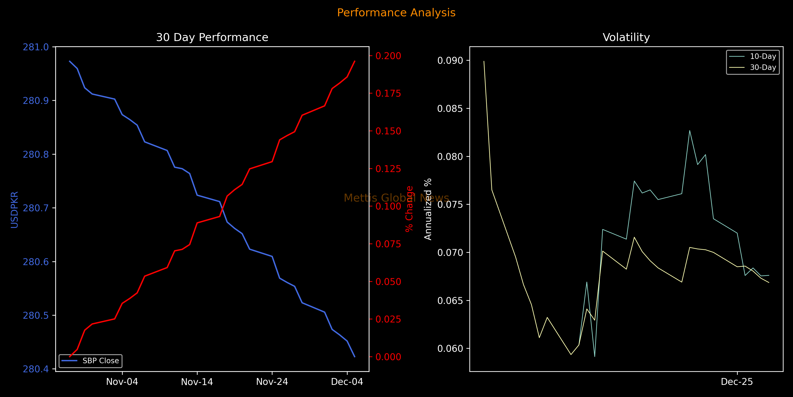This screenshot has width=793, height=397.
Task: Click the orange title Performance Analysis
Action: pos(396,13)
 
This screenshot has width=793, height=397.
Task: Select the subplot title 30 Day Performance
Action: pos(212,37)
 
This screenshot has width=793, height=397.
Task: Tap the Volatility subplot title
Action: pos(626,37)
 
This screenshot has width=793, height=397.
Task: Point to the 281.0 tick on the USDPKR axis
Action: pos(36,47)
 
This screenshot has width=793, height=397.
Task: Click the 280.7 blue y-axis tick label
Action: pos(36,208)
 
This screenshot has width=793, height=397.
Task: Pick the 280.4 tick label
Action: pos(36,369)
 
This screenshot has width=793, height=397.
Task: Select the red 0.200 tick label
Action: pos(388,56)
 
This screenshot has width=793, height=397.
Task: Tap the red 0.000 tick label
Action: pos(388,357)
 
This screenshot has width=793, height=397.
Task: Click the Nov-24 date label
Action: pos(272,382)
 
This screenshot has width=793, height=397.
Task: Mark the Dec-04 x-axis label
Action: pos(347,382)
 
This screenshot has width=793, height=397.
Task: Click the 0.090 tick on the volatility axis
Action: pos(450,60)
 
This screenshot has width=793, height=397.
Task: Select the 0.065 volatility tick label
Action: pos(450,301)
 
